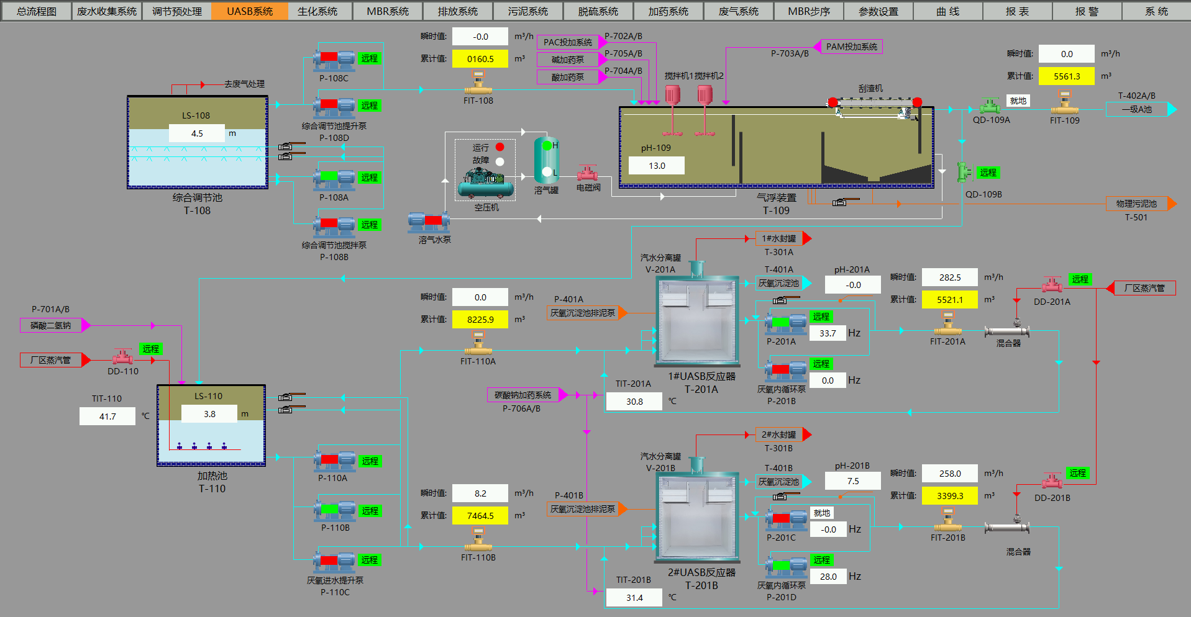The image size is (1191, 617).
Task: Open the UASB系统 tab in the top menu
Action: click(249, 11)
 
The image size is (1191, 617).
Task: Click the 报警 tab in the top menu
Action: click(1087, 11)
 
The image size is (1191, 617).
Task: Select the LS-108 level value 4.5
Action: click(197, 133)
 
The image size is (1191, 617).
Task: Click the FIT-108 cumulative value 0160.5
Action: click(480, 59)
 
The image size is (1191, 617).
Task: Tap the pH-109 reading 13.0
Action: click(657, 166)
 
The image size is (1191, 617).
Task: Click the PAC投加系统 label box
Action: click(567, 42)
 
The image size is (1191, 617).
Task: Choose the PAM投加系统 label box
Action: click(851, 47)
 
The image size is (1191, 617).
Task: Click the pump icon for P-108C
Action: click(334, 58)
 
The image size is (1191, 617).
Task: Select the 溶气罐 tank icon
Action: click(546, 160)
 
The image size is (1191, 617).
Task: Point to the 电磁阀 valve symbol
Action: click(588, 172)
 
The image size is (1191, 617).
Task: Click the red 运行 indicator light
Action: click(500, 147)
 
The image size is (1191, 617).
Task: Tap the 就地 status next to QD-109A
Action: click(1018, 101)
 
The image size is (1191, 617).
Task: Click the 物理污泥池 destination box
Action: click(1136, 204)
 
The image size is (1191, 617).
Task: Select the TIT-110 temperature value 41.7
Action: click(107, 417)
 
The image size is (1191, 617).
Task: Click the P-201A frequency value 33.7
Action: click(828, 333)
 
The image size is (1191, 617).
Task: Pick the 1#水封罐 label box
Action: click(778, 238)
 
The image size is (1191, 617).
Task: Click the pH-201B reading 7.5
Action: click(852, 481)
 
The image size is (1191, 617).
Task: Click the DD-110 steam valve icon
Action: click(122, 357)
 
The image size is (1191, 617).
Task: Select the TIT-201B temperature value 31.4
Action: click(634, 598)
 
